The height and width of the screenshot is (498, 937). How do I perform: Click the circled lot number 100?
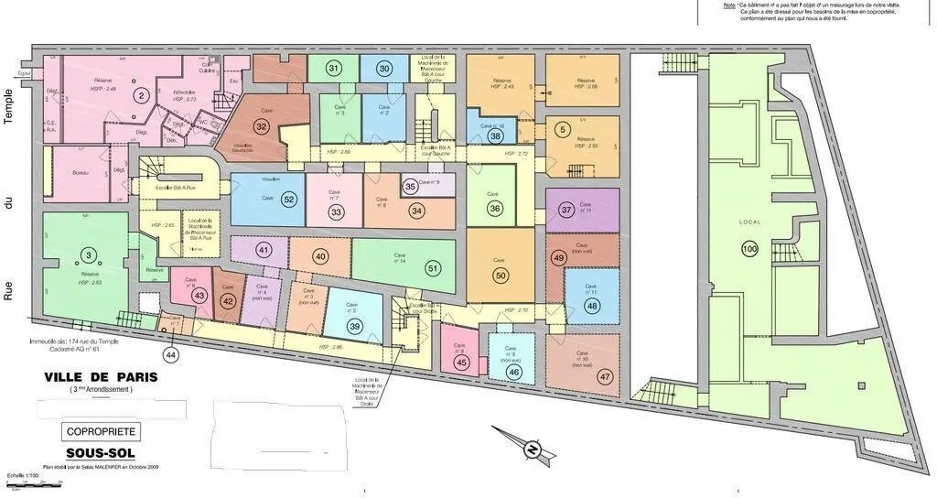(x=750, y=249)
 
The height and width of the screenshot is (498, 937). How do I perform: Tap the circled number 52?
(x=289, y=199)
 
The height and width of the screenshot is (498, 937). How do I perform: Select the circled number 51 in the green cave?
(x=433, y=267)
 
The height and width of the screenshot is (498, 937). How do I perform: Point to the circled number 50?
(x=500, y=275)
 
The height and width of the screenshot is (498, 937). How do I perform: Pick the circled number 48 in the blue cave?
(x=592, y=306)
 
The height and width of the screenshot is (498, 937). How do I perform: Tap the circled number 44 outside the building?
(x=170, y=354)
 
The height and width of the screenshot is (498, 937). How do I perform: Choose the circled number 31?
(x=333, y=69)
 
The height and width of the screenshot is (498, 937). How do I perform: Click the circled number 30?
(x=384, y=69)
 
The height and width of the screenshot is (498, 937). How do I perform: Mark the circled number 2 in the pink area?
(x=140, y=94)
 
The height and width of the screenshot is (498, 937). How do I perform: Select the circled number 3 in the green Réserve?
(x=88, y=254)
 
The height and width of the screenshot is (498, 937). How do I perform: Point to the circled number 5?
(x=562, y=129)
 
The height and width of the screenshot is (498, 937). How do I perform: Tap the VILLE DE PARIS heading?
(x=101, y=376)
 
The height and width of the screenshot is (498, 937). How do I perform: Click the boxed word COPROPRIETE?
(x=101, y=430)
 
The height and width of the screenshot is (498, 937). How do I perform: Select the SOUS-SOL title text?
(x=101, y=453)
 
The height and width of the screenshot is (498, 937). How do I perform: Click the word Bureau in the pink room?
(x=84, y=173)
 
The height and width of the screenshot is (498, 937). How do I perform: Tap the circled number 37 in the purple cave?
(x=566, y=210)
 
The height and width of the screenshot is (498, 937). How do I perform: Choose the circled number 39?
(x=355, y=327)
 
